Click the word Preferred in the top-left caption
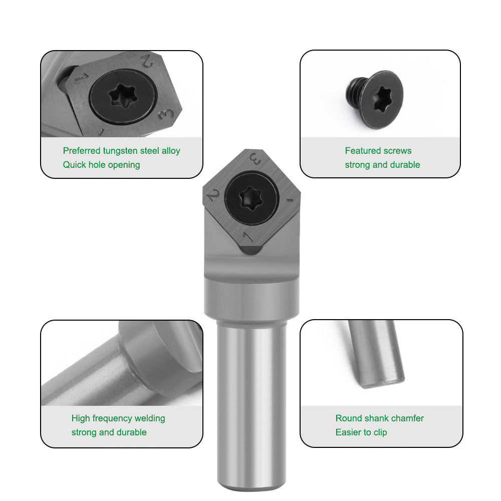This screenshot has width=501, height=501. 82,151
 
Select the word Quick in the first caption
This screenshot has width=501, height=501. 74,165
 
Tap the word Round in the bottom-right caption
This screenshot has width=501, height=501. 347,418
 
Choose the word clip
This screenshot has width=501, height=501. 379,432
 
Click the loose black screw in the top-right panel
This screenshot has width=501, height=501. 374,99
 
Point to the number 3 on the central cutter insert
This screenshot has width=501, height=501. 255,161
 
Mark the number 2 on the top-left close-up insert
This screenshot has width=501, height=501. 147,62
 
